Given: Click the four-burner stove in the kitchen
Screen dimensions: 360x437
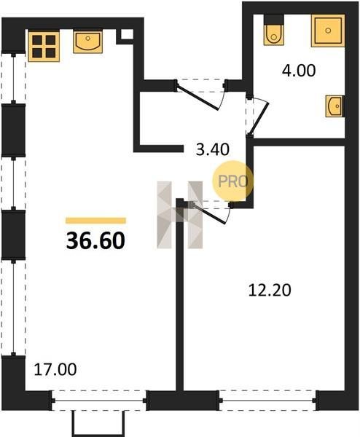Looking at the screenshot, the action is pos(44,47).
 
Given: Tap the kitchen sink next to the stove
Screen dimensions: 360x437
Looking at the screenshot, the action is pos(88,42).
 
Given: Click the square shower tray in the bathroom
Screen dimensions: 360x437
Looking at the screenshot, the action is pos(328,31).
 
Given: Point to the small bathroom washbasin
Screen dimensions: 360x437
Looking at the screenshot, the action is pos(334,106).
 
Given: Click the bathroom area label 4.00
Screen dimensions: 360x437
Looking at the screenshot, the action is pos(299,71).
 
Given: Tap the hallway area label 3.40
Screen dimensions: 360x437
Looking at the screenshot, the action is pos(213,149).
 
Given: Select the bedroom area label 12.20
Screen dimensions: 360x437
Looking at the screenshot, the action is pos(270,290).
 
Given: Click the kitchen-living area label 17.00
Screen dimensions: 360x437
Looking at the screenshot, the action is pos(55,369).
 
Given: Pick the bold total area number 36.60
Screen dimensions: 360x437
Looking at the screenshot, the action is pos(95,240).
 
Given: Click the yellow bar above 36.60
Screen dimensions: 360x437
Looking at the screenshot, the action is pos(95,221).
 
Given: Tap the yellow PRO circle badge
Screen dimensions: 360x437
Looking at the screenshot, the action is pos(233,181).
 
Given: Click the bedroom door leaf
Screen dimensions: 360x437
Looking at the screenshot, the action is pos(209,213).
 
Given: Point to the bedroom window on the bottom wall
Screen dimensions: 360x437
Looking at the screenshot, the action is pos(267,401).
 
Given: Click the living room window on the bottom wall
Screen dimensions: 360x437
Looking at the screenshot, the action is pos(99,401).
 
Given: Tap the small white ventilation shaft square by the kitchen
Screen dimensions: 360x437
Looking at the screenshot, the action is pos(127,34).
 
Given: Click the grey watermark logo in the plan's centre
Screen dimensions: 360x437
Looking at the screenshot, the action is pos(180,215).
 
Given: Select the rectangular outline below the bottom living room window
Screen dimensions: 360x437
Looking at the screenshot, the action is pos(98,424).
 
